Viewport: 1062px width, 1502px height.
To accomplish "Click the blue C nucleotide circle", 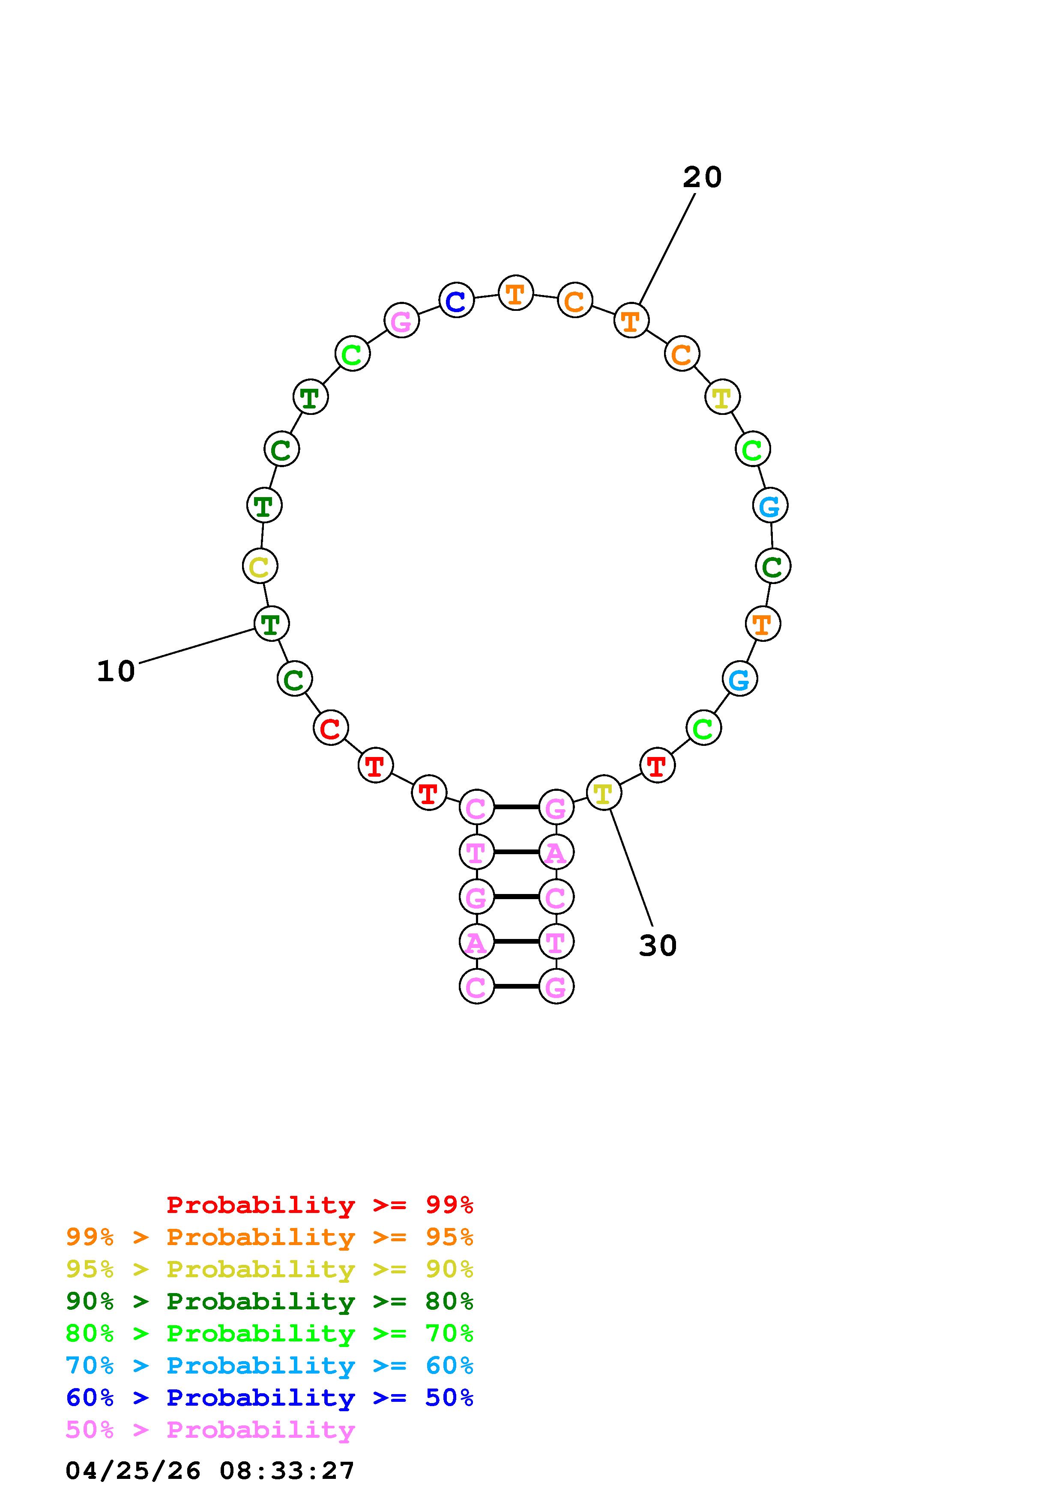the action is click(456, 300).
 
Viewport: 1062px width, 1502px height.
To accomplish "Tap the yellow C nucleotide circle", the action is click(260, 565).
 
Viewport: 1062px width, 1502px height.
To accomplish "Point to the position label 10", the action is click(116, 671).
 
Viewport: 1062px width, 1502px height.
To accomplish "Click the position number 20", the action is click(702, 177).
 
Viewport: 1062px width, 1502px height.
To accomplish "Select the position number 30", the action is click(658, 945).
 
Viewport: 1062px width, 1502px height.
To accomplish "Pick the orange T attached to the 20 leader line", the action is click(631, 320).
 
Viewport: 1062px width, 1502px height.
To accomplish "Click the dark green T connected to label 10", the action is click(271, 623).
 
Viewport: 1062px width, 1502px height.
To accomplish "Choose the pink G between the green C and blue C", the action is click(401, 320).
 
